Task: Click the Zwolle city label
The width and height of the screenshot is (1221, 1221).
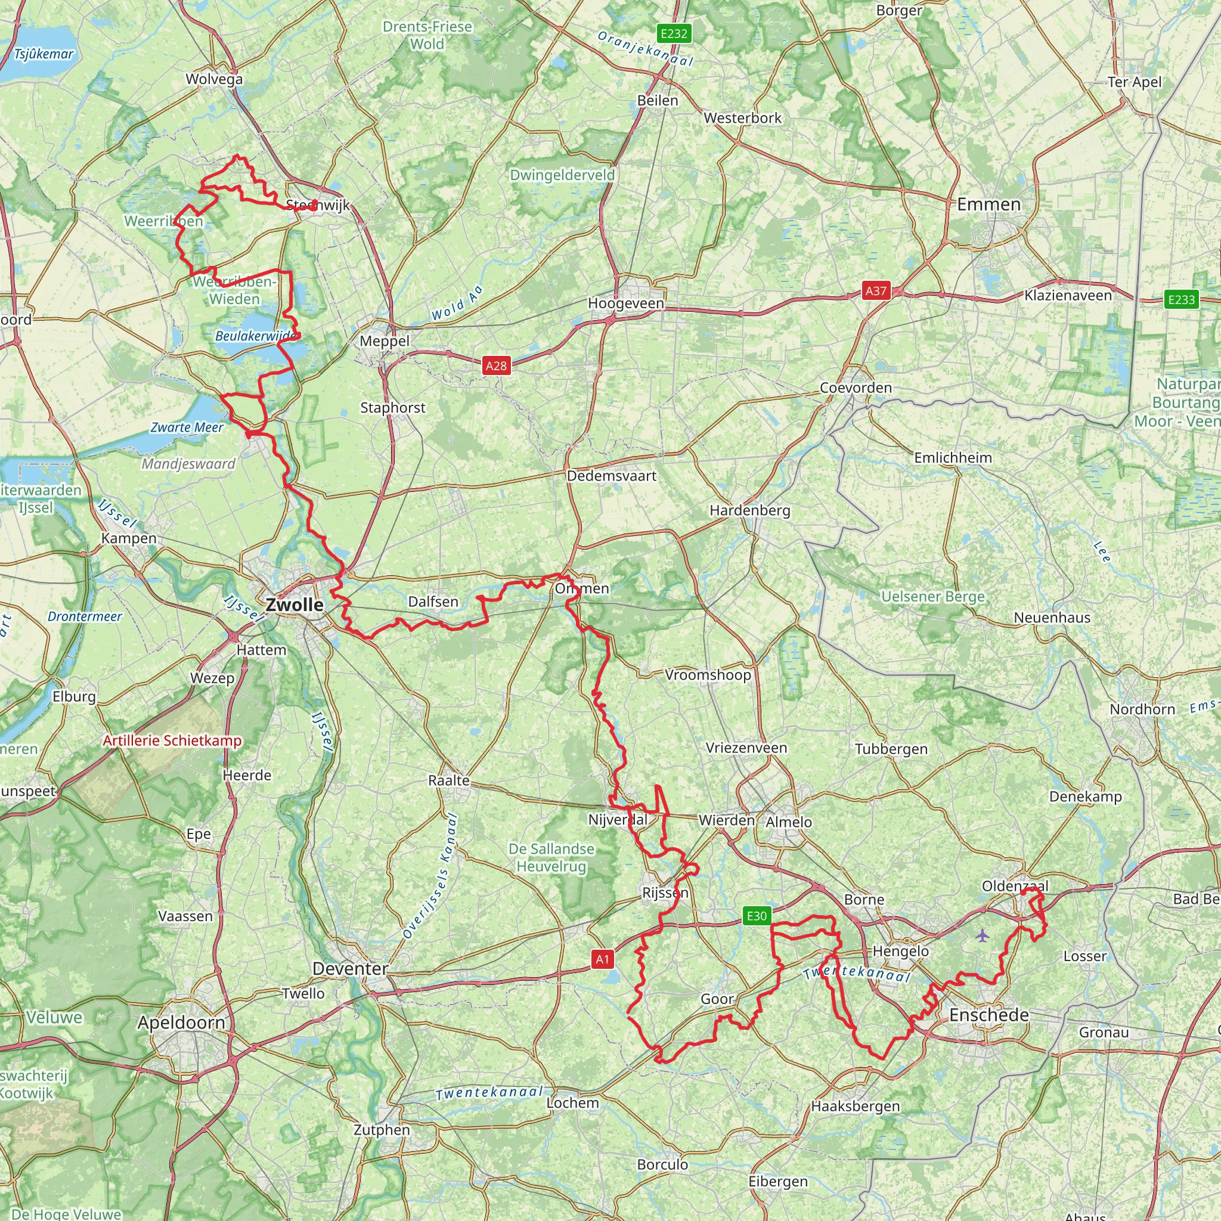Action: (x=294, y=604)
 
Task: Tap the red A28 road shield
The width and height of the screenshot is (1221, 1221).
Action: (x=496, y=365)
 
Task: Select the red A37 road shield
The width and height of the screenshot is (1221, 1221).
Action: (x=876, y=291)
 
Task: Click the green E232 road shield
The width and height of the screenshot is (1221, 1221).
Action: (x=674, y=33)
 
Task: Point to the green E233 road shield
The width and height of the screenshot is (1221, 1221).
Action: (x=1181, y=299)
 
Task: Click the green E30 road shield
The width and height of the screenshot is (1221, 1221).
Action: (x=757, y=916)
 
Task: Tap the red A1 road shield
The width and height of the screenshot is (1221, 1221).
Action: (x=602, y=959)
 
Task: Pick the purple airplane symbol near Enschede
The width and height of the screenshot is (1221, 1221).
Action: (x=981, y=935)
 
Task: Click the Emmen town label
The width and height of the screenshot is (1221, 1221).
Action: (x=988, y=204)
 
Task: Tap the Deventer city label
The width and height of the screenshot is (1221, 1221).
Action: (x=350, y=968)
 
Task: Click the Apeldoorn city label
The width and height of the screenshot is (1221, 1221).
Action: (x=181, y=1022)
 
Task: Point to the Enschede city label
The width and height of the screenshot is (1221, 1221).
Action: (x=989, y=1015)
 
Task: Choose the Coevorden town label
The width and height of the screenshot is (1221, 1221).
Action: (x=855, y=388)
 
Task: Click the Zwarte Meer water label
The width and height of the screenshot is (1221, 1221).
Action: (x=187, y=427)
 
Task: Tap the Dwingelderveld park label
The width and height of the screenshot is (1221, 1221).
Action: (x=562, y=175)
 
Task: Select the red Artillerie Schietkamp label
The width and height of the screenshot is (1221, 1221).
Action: (x=172, y=740)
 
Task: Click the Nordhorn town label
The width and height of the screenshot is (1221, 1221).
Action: (x=1142, y=709)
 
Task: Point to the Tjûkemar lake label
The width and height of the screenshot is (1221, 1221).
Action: (x=44, y=54)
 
